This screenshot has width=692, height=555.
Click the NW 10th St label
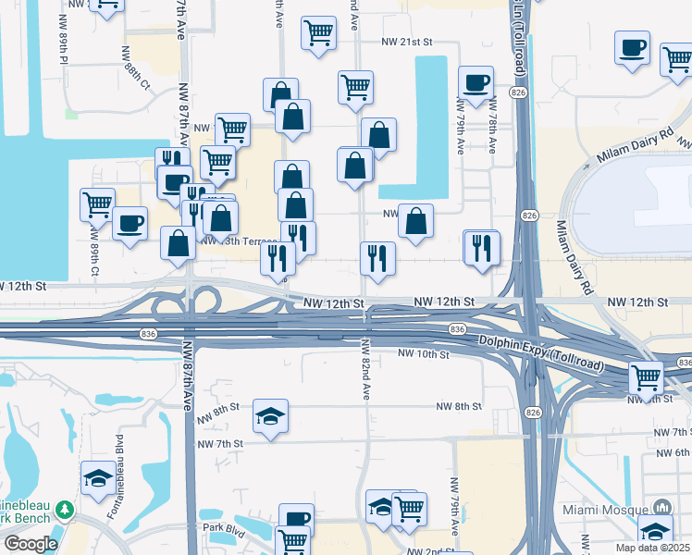click(423, 354)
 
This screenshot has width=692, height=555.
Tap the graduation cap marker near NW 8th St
click(270, 416)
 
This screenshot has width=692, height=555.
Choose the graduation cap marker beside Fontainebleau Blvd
click(98, 477)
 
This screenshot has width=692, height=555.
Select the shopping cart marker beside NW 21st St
click(318, 33)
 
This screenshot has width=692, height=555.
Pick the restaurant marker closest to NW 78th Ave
click(482, 247)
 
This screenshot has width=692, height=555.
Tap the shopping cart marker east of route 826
click(646, 376)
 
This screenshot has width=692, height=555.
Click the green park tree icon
click(64, 510)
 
